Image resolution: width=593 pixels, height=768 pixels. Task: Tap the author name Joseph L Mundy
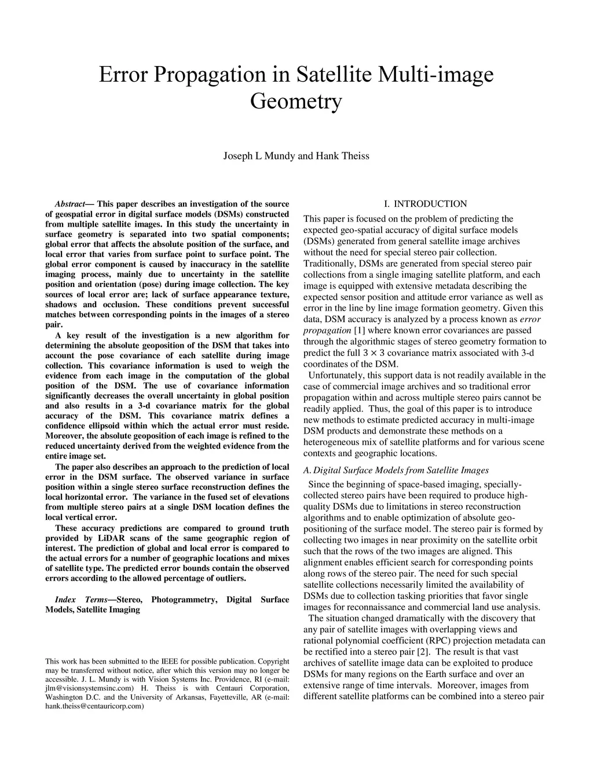click(x=259, y=156)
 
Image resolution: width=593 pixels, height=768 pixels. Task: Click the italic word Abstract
click(x=69, y=204)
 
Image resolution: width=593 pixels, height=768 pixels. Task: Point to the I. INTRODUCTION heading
click(x=425, y=204)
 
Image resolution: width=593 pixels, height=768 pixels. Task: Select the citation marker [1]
click(x=359, y=330)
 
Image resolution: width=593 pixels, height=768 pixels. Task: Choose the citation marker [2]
click(x=423, y=651)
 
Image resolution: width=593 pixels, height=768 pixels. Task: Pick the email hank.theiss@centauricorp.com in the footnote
click(x=94, y=707)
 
